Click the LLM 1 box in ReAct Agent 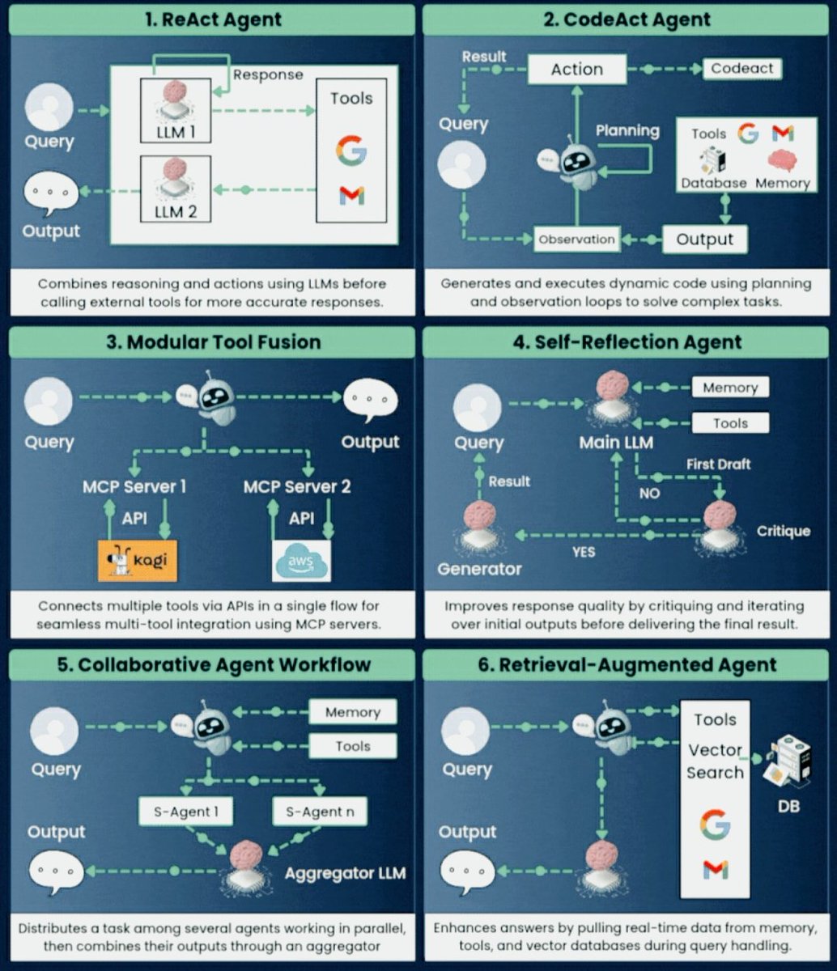175,112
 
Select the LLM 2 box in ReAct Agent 175,189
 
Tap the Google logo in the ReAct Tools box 351,151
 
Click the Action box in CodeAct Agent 577,70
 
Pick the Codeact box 742,68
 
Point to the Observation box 576,239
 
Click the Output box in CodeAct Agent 704,239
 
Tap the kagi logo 138,559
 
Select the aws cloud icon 301,561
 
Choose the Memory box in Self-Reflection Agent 729,388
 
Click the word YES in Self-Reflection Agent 583,552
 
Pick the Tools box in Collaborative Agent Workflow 353,746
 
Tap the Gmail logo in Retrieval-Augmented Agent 715,870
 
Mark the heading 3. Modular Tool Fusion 211,342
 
